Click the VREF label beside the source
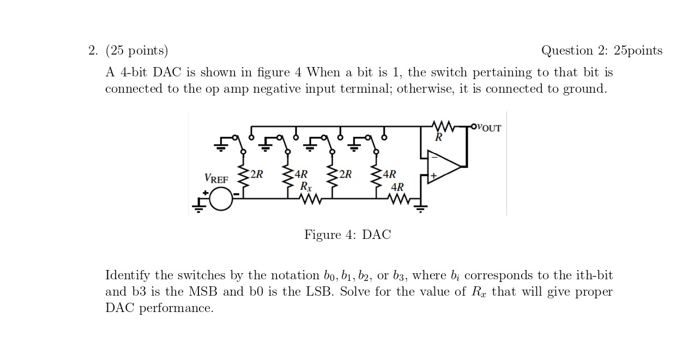216,178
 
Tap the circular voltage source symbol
221,199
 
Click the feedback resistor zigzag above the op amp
444,127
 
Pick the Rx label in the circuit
306,186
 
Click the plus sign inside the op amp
433,176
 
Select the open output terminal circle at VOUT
474,127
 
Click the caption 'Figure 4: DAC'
347,235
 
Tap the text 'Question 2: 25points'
602,51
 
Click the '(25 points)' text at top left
136,51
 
